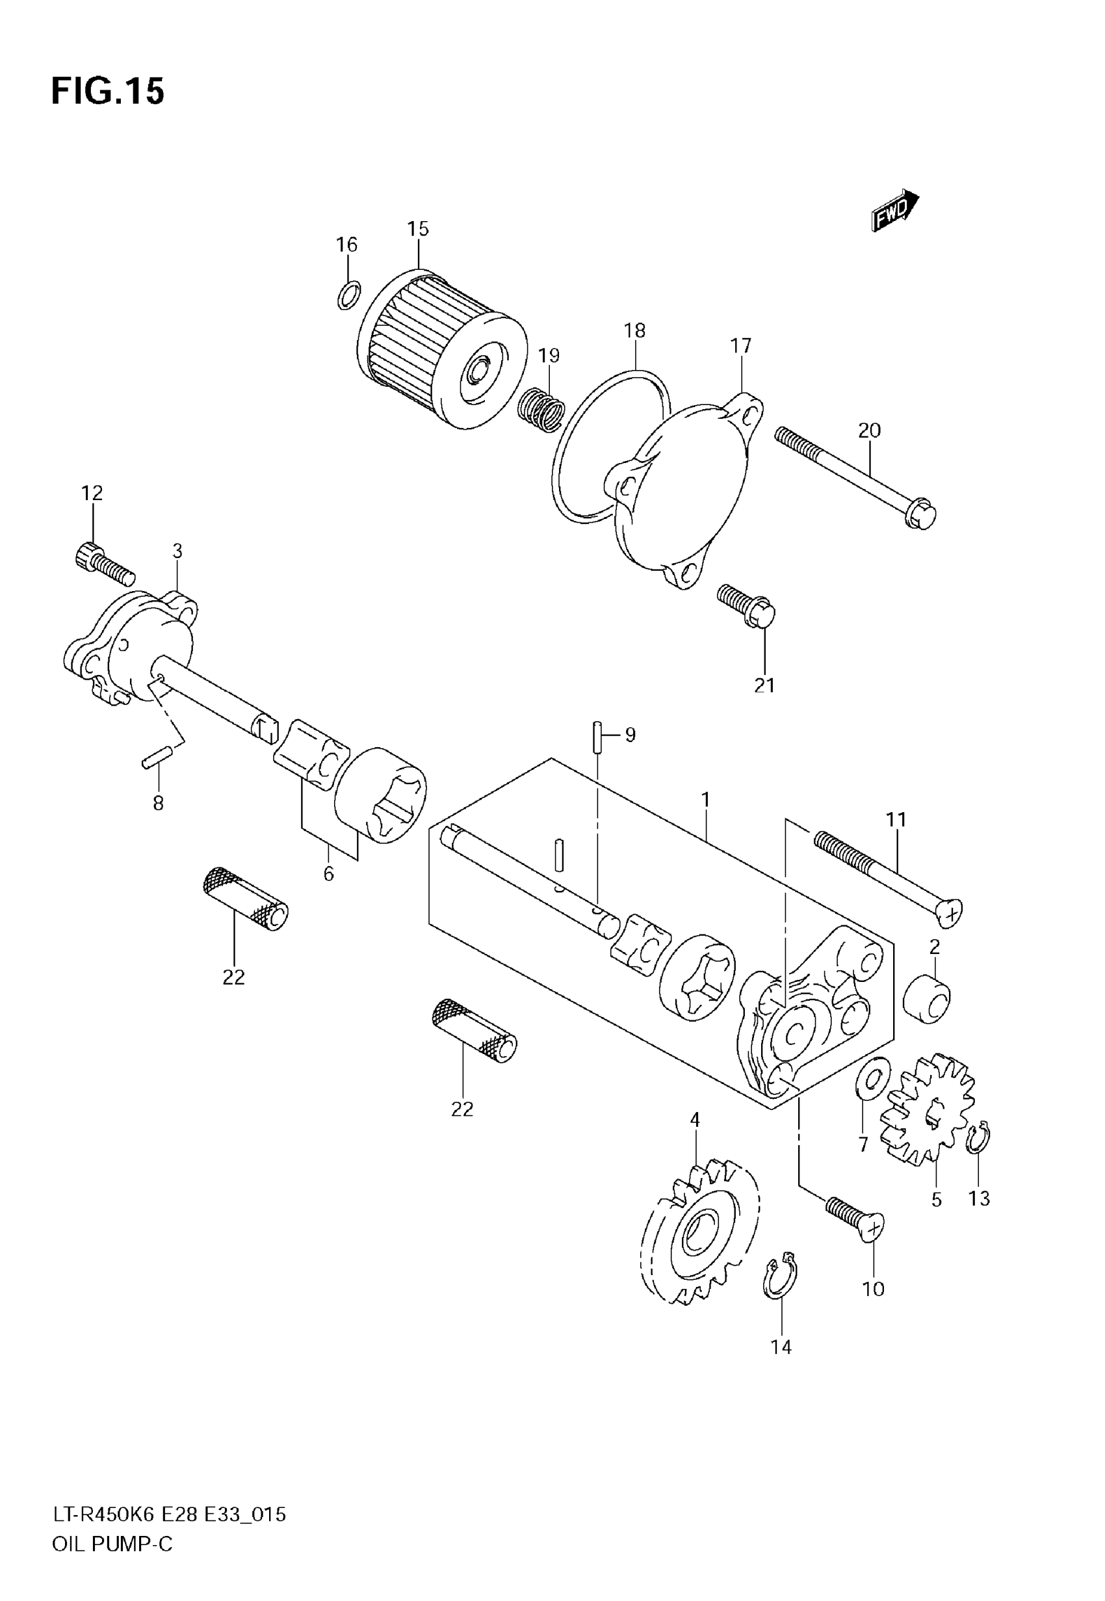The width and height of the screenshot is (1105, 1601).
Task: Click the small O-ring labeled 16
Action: point(348,296)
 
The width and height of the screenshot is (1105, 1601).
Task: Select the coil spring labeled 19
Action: point(541,410)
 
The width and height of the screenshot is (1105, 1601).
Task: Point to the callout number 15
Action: point(417,228)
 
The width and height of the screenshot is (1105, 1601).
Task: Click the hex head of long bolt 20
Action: point(922,516)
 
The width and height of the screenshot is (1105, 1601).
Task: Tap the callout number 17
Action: point(740,345)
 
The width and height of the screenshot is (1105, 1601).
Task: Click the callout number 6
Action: point(328,874)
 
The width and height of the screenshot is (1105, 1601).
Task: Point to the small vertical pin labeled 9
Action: point(597,736)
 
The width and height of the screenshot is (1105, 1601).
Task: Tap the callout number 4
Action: point(694,1119)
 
